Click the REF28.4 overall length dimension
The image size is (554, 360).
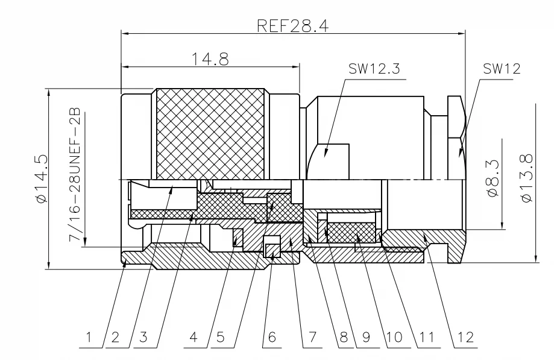click(x=292, y=26)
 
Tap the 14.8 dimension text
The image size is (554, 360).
click(x=210, y=59)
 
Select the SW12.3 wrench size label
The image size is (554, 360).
click(x=374, y=69)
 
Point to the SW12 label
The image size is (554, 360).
click(x=502, y=69)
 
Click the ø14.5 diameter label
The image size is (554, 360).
click(x=42, y=178)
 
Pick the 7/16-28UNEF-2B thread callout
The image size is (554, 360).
click(x=75, y=175)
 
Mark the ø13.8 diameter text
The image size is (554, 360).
click(x=526, y=178)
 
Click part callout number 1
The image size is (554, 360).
click(x=89, y=338)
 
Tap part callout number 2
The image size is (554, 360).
click(x=115, y=338)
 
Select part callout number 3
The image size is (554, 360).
click(x=143, y=338)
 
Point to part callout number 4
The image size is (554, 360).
click(x=194, y=338)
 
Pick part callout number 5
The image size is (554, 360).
click(x=220, y=338)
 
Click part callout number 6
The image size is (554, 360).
click(x=272, y=338)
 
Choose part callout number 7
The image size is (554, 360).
click(x=312, y=338)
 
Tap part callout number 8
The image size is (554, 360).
click(x=344, y=338)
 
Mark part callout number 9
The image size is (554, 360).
click(x=367, y=338)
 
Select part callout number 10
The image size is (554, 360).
click(x=394, y=338)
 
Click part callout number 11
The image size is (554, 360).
click(x=426, y=338)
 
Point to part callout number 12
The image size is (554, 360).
click(x=465, y=338)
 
